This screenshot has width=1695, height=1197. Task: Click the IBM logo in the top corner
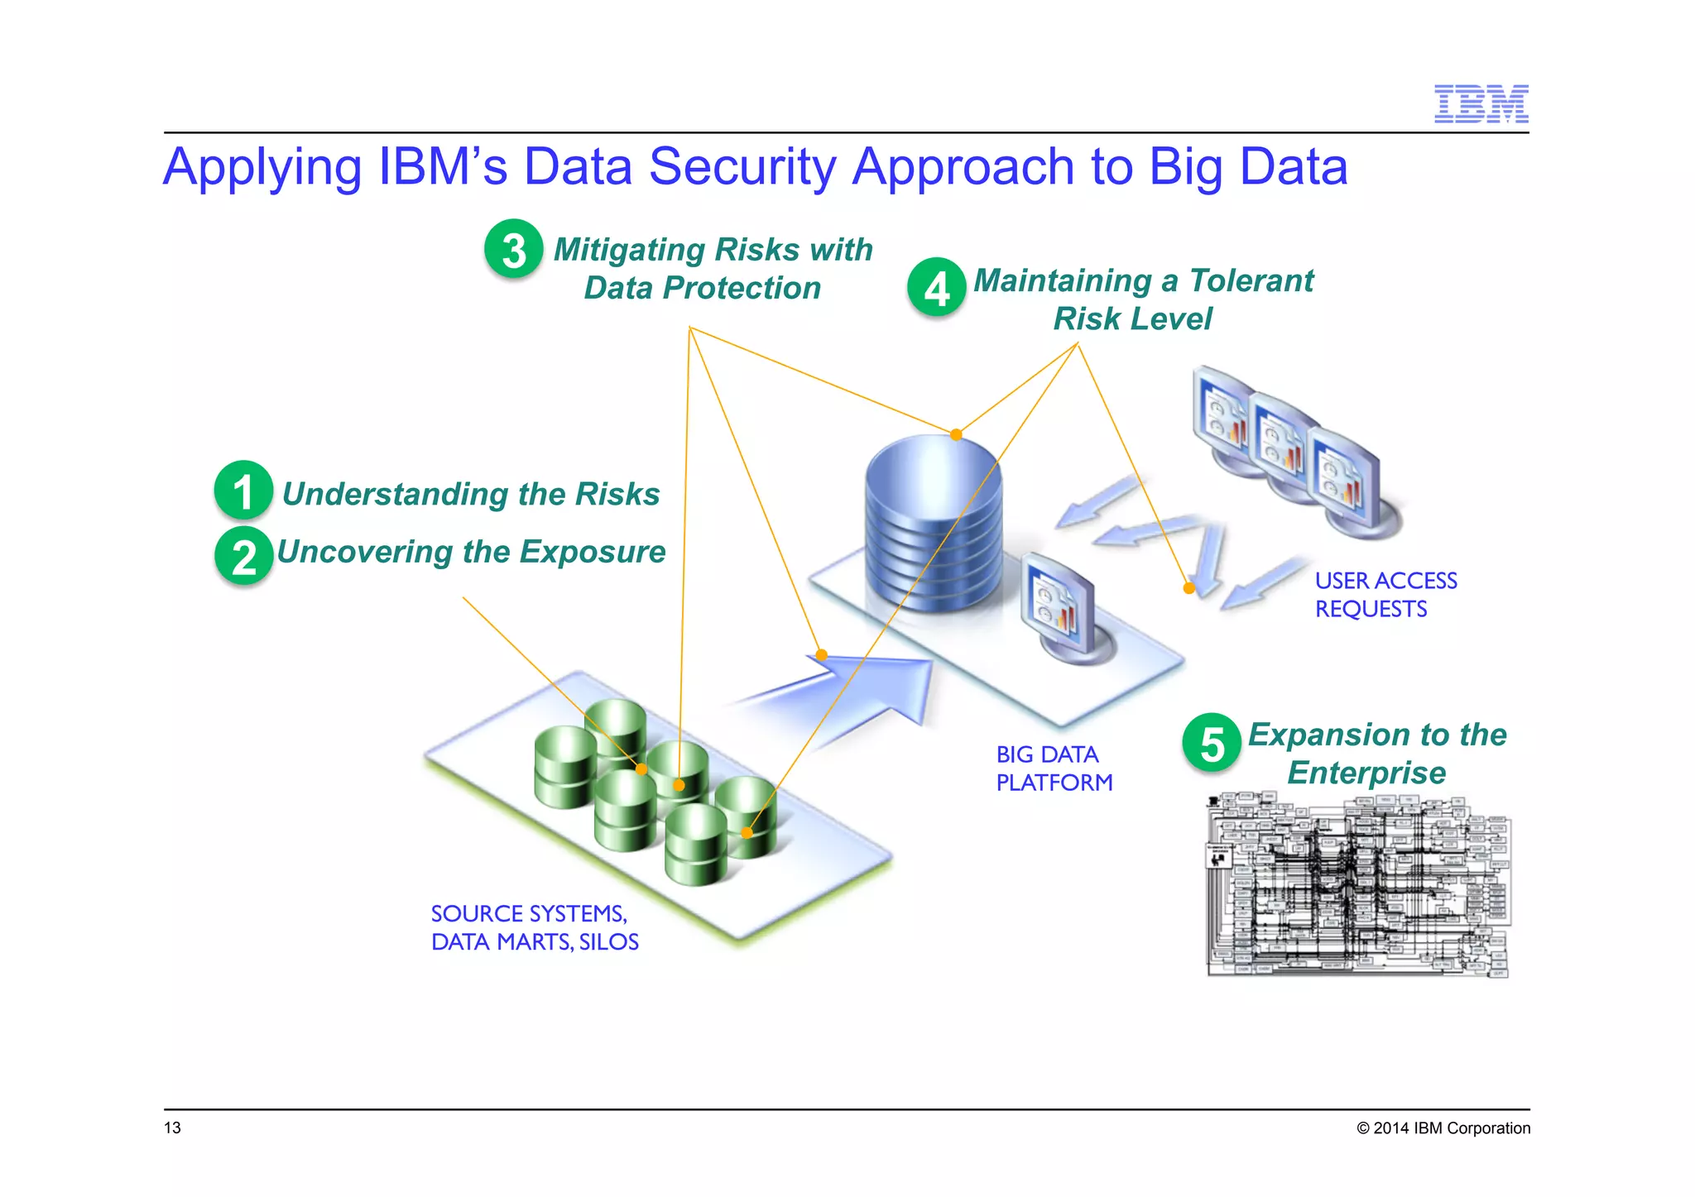pyautogui.click(x=1481, y=104)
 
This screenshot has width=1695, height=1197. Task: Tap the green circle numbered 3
pyautogui.click(x=514, y=249)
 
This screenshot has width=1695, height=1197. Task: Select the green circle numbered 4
pyautogui.click(x=936, y=288)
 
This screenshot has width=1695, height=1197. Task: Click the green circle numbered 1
pyautogui.click(x=243, y=491)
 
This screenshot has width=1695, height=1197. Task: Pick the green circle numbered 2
pyautogui.click(x=244, y=556)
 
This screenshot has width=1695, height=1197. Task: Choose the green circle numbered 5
pyautogui.click(x=1212, y=743)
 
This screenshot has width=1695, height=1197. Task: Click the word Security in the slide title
pyautogui.click(x=742, y=167)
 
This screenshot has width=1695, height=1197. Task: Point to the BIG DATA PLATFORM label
pyautogui.click(x=1054, y=768)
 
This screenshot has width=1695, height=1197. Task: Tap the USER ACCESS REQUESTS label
pyautogui.click(x=1385, y=595)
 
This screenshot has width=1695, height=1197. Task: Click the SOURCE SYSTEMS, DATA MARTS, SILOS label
pyautogui.click(x=535, y=927)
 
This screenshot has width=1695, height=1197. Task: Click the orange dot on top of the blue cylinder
pyautogui.click(x=956, y=434)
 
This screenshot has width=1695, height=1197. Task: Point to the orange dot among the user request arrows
pyautogui.click(x=1189, y=588)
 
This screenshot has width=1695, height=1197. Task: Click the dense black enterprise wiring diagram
pyautogui.click(x=1358, y=885)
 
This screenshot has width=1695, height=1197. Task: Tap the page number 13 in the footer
pyautogui.click(x=172, y=1128)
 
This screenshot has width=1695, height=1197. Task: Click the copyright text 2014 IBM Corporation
pyautogui.click(x=1443, y=1128)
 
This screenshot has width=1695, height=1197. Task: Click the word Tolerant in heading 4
pyautogui.click(x=1251, y=281)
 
